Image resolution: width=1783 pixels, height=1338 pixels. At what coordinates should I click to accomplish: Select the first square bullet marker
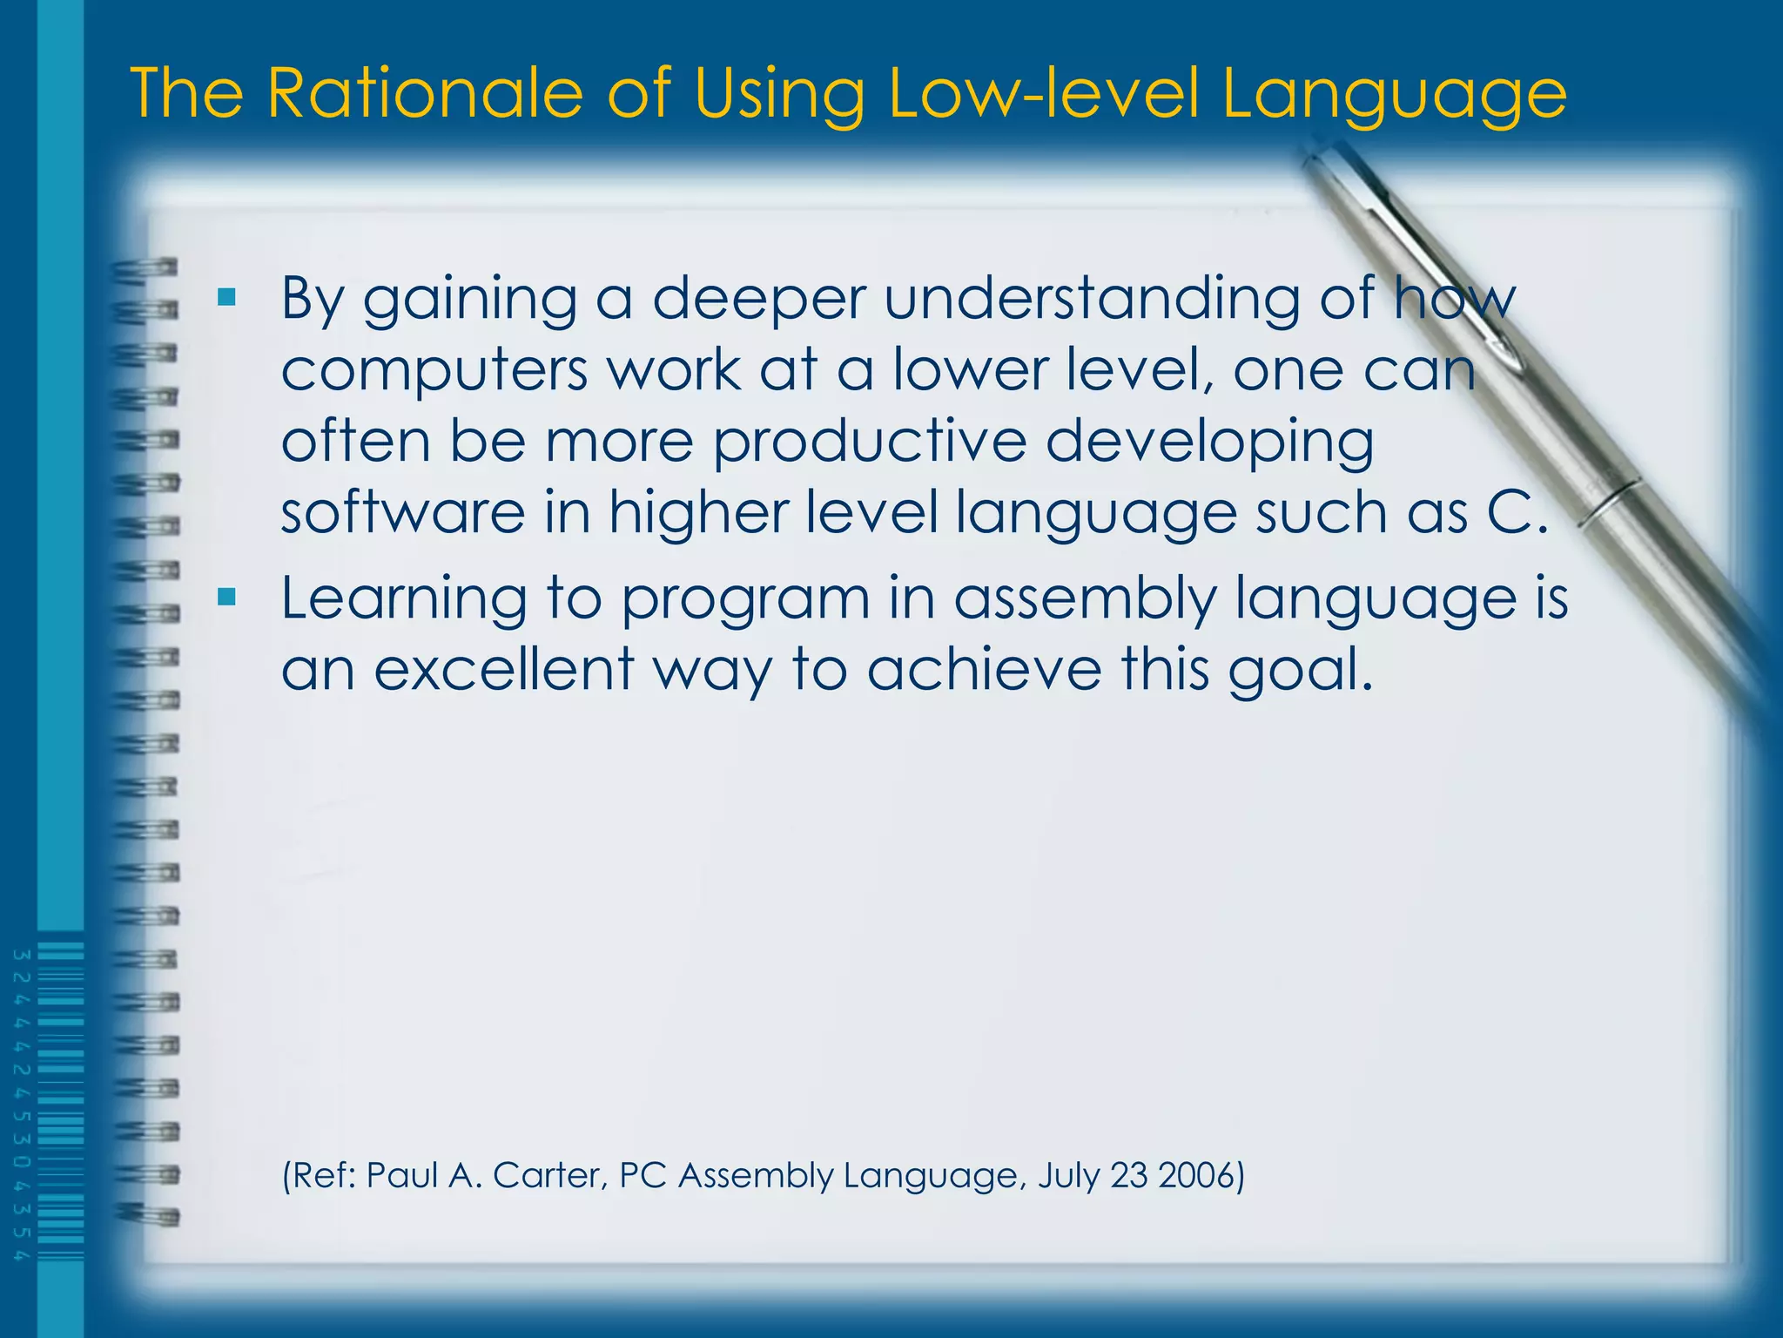pyautogui.click(x=227, y=298)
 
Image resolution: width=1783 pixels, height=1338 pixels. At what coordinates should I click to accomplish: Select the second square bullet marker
pyautogui.click(x=227, y=597)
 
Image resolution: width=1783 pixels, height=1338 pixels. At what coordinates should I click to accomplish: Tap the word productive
pyautogui.click(x=870, y=441)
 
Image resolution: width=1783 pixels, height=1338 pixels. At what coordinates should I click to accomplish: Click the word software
pyautogui.click(x=403, y=512)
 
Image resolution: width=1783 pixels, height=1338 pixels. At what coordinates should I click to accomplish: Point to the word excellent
pyautogui.click(x=504, y=670)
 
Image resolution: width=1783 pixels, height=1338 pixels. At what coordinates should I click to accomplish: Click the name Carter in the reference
pyautogui.click(x=548, y=1175)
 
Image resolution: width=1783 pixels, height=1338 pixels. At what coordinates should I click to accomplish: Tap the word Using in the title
pyautogui.click(x=778, y=94)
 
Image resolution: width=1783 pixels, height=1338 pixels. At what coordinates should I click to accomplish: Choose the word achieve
pyautogui.click(x=984, y=670)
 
